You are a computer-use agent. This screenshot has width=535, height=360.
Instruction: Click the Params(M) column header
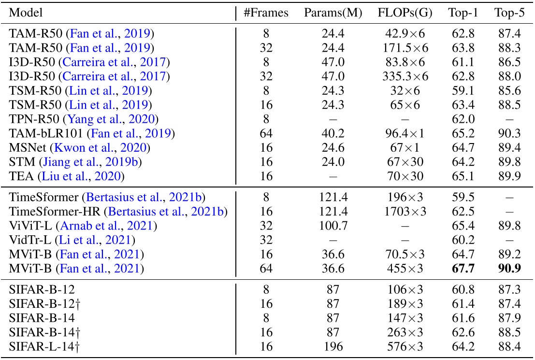333,13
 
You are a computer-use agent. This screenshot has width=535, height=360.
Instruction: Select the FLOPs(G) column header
402,13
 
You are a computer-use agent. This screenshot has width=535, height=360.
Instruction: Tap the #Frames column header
266,13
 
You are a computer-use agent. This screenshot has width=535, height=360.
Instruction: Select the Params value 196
333,347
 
